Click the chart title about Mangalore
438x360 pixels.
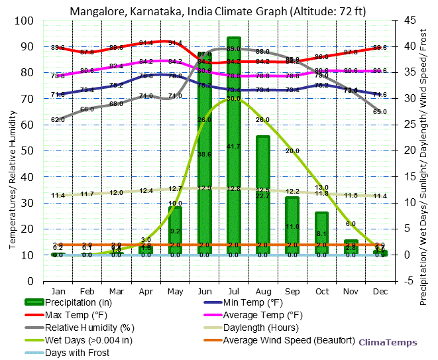coord(219,11)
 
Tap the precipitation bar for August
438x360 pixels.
coord(263,195)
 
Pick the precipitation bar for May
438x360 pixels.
coord(175,230)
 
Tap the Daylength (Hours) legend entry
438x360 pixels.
coord(261,328)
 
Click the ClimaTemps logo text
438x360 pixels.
coord(388,343)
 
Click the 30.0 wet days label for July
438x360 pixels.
coord(233,99)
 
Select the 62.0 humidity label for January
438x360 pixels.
coord(58,119)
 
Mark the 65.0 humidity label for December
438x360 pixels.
coord(380,111)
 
